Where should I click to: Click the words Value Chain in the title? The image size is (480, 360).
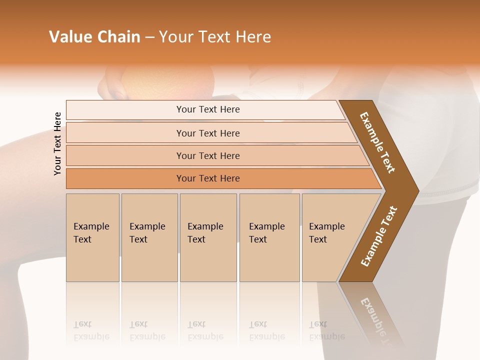click(94, 37)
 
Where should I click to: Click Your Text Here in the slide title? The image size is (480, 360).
click(215, 37)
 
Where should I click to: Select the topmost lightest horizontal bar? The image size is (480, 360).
click(208, 109)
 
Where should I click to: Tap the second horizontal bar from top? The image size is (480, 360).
click(208, 133)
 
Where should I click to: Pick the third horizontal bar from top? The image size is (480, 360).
click(208, 155)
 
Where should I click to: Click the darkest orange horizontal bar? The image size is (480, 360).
click(208, 178)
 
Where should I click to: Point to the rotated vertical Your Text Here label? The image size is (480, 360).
click(57, 143)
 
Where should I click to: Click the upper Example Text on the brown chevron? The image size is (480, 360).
click(377, 142)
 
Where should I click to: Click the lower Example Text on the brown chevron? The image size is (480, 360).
click(379, 236)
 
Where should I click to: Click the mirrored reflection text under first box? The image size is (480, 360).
click(91, 330)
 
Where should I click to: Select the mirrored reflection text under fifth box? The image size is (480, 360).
click(326, 330)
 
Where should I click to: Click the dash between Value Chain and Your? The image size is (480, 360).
click(149, 37)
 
